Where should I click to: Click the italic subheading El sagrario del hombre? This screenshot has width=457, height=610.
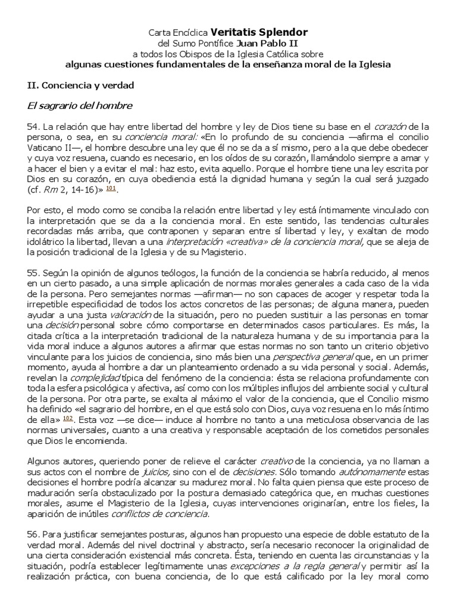[x=79, y=106]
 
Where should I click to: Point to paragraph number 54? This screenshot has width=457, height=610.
[x=34, y=127]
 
